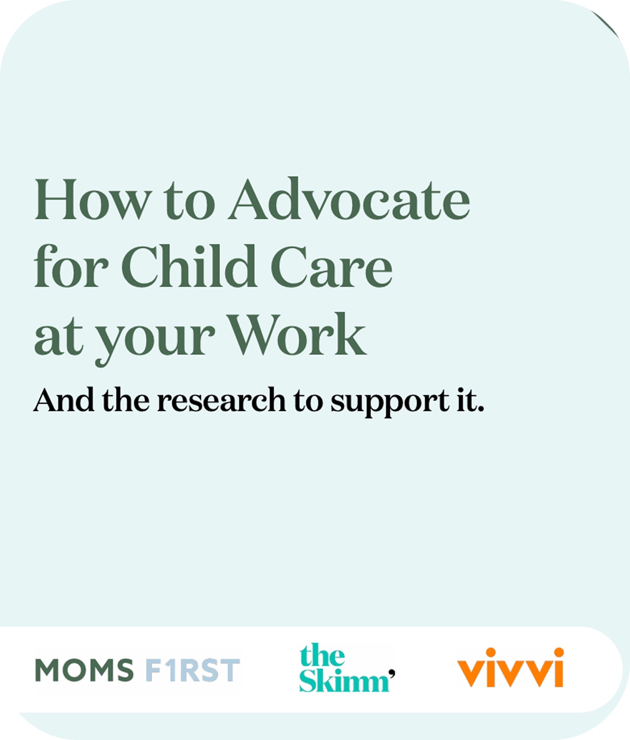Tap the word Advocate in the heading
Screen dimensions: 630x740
349,199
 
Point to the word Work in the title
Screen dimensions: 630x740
298,334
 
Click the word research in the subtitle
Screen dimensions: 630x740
222,400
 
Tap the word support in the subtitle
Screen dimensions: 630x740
390,403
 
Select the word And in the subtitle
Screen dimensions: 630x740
64,400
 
